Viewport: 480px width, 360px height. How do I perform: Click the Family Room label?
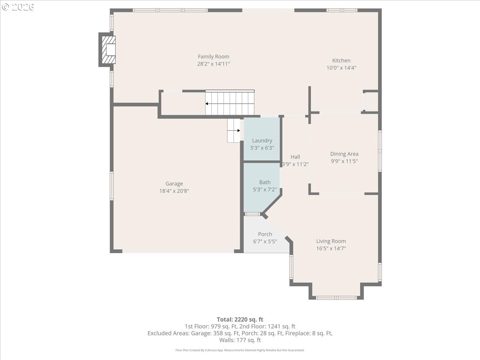click(x=214, y=57)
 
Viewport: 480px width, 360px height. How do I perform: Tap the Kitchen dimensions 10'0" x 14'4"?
click(x=341, y=68)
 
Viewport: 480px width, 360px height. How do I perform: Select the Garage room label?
click(x=174, y=184)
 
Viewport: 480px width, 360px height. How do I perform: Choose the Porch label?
click(x=265, y=234)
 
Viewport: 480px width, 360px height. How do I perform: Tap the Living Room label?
click(x=331, y=241)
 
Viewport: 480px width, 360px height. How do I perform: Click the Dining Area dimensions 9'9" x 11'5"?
click(x=344, y=161)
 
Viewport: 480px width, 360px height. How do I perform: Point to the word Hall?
click(x=295, y=157)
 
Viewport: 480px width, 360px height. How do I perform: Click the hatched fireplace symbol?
click(x=109, y=50)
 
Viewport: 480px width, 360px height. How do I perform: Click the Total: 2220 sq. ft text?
click(x=240, y=320)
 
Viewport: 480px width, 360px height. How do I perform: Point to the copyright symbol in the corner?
click(x=5, y=7)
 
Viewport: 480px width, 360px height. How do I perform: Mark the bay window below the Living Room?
click(x=336, y=298)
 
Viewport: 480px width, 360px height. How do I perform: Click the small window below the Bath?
click(x=252, y=214)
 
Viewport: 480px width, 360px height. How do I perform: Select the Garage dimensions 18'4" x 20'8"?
click(x=174, y=191)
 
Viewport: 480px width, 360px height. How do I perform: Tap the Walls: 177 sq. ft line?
click(x=240, y=340)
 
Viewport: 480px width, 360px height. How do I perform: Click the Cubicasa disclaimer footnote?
click(x=240, y=350)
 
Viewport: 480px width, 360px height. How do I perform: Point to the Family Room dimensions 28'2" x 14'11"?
click(x=214, y=64)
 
